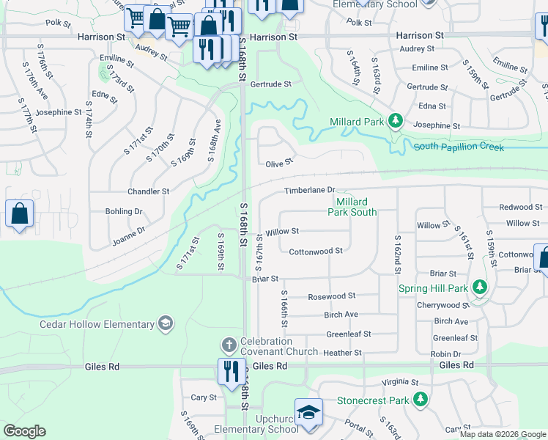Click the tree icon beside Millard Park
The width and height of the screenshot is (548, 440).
396,120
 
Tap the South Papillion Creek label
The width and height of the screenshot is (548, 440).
459,147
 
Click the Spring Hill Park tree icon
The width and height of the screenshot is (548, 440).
479,287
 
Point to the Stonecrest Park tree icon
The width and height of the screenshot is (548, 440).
421,400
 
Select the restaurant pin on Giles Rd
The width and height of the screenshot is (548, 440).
229,370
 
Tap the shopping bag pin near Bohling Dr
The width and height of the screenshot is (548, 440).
20,214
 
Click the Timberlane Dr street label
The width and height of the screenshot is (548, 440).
309,191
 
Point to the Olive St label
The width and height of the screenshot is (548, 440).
279,162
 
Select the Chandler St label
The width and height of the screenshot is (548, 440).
149,191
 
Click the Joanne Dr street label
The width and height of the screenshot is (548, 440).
129,234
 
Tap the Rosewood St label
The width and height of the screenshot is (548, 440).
331,296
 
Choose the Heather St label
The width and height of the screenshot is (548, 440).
343,353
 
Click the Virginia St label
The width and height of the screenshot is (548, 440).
400,382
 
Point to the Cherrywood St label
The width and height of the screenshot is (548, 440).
442,305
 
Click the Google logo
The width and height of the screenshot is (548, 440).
24,431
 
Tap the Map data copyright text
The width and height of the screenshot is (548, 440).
503,434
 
